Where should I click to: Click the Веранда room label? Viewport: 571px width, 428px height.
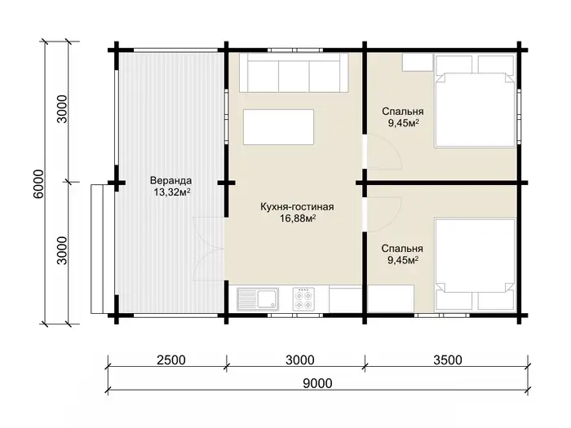170,180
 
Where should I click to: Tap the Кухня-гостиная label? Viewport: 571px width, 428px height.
297,207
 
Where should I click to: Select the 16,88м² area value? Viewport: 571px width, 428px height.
298,218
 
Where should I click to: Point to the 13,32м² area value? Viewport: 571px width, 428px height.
172,192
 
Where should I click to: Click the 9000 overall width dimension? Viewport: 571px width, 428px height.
317,383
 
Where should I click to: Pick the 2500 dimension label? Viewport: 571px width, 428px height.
171,360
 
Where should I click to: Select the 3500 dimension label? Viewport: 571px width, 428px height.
448,360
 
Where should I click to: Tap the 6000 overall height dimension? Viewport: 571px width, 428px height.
38,184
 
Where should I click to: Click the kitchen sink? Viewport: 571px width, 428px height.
258,299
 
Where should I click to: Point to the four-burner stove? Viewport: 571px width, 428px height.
303,299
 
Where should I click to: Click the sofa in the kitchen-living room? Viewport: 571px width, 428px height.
294,73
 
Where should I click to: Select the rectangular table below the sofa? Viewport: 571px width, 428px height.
279,127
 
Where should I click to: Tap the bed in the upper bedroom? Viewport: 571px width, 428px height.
475,100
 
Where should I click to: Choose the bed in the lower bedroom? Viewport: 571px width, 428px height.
475,265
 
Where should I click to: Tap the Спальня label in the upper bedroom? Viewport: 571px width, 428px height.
403,112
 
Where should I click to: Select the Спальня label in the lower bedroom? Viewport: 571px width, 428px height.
402,249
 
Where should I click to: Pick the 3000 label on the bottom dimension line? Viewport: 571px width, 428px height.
299,360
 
